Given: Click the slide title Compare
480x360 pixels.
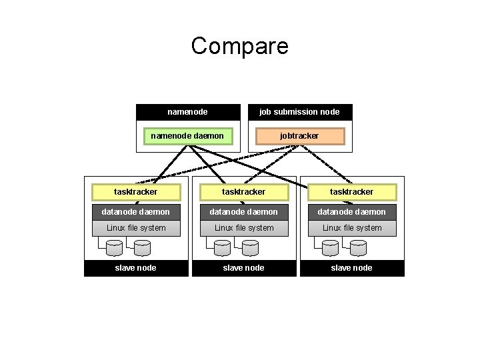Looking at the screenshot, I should click(239, 46).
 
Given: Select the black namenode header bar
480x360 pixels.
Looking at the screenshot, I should click(187, 112).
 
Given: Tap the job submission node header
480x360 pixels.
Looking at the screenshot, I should click(299, 112).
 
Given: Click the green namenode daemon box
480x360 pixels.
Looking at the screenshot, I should click(187, 136).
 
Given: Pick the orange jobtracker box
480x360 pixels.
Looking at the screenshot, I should click(299, 136).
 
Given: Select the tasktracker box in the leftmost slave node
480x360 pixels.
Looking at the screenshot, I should click(136, 192).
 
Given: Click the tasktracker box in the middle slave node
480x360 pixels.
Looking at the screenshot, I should click(244, 192).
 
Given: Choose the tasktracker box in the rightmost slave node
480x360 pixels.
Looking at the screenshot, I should click(352, 192).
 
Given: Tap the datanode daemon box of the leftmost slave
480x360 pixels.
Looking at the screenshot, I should click(136, 212).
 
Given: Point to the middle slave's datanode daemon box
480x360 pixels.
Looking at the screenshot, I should click(244, 212).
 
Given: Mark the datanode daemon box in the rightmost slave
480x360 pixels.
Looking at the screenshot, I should click(352, 212).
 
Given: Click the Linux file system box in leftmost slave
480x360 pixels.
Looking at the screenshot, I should click(136, 228).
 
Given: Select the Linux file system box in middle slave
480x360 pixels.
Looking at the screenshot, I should click(244, 228).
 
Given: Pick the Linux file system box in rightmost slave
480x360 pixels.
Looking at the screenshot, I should click(352, 228).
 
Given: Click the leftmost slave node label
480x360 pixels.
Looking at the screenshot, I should click(136, 268).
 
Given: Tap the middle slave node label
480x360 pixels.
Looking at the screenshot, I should click(244, 268).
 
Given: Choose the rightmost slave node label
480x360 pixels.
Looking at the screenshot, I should click(352, 268).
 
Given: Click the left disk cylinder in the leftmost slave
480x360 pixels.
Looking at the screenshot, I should click(114, 248).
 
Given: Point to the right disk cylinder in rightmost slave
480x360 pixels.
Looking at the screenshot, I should click(359, 248).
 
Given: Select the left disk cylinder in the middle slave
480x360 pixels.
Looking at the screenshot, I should click(222, 248).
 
